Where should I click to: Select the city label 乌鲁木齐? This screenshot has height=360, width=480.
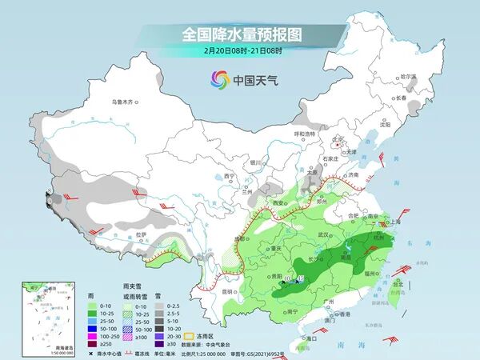(126, 102)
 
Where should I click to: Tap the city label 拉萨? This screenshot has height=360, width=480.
(142, 234)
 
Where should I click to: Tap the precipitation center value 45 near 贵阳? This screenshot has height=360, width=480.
(301, 278)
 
